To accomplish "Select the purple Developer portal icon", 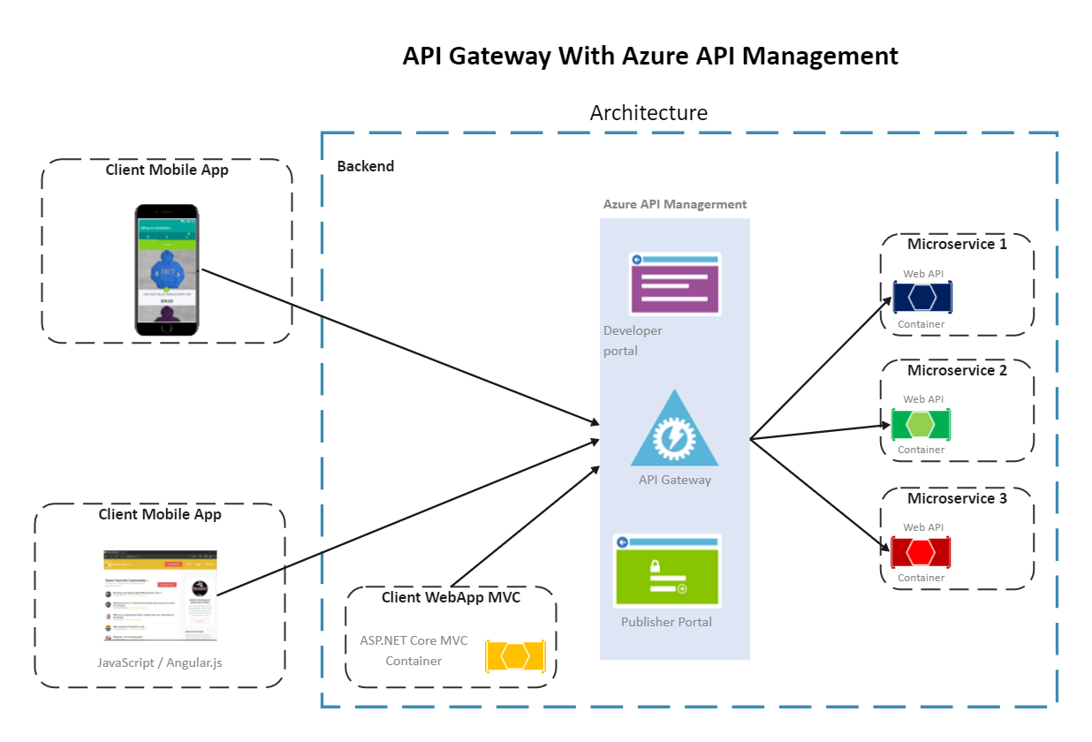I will pos(675,284).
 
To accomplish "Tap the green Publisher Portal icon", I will pos(667,570).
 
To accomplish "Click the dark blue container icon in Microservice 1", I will pos(921,297).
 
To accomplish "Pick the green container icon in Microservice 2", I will pos(921,424).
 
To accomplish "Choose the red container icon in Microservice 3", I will pos(921,552).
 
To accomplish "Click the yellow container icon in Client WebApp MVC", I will pos(515,655).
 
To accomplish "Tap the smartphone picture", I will pos(166,270).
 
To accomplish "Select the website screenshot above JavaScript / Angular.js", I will pos(160,595).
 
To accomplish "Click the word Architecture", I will pos(648,113).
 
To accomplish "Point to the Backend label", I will pos(366,166).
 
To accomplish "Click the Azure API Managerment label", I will pos(675,204).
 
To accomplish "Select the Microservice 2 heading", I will pos(957,370).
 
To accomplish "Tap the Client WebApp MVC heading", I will pos(451,597).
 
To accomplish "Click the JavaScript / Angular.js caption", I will pos(160,662).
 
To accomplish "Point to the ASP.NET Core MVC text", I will pos(413,640).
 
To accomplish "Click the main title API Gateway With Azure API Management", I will pos(650,56).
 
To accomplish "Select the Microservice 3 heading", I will pos(957,498).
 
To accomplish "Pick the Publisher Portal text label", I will pos(666,622).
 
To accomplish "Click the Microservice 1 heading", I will pos(957,244).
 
